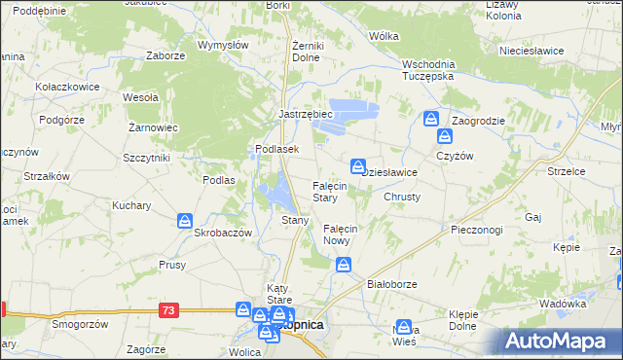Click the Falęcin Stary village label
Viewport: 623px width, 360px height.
pyautogui.click(x=325, y=191)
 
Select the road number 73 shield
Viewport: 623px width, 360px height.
pyautogui.click(x=169, y=309)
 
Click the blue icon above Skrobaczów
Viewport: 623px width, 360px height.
pyautogui.click(x=185, y=222)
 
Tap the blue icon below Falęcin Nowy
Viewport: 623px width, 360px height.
pyautogui.click(x=344, y=264)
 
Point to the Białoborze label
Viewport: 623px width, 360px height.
pyautogui.click(x=391, y=284)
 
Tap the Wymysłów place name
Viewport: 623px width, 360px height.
pyautogui.click(x=223, y=45)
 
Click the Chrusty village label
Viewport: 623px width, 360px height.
pyautogui.click(x=402, y=197)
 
